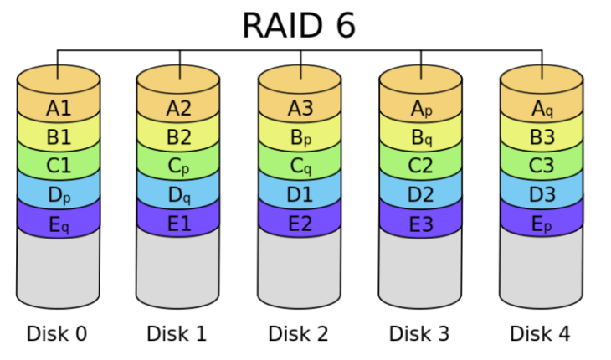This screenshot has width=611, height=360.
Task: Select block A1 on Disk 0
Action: click(x=59, y=108)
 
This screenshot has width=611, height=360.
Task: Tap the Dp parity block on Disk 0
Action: click(x=59, y=195)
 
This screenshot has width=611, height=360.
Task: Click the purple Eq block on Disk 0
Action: click(x=59, y=224)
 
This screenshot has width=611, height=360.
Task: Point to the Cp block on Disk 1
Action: click(x=179, y=166)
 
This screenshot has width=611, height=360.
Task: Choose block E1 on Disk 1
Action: click(x=179, y=224)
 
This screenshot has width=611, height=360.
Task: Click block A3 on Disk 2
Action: click(x=300, y=108)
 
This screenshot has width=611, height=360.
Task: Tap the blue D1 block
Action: click(x=300, y=195)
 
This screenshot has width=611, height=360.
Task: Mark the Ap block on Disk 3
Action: click(x=421, y=108)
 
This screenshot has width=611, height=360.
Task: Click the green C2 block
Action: click(x=421, y=166)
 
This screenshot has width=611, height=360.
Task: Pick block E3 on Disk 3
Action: click(x=421, y=224)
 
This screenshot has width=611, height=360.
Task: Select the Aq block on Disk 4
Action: click(x=542, y=108)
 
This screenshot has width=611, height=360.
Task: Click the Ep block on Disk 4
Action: click(x=542, y=224)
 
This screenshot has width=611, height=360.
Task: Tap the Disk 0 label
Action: click(x=57, y=333)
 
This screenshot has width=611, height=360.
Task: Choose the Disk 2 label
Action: click(x=298, y=333)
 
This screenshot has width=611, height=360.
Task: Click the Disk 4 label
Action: click(x=540, y=333)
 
